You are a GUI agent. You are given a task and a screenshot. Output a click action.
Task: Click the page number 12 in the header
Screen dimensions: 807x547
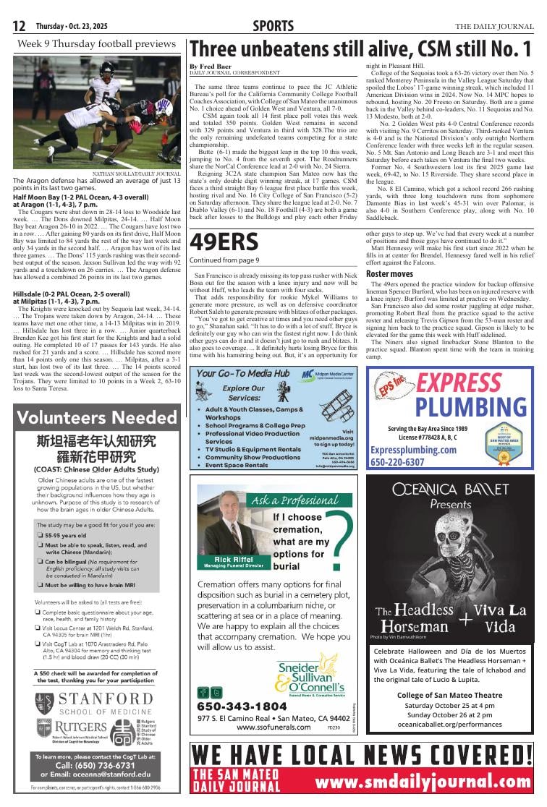[20, 27]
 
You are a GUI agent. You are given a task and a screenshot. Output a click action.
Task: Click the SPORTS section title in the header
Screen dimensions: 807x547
[273, 27]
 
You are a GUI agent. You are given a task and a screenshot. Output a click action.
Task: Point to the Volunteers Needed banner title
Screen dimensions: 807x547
[97, 417]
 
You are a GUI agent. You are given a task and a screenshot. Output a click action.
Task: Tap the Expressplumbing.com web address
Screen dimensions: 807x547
[413, 450]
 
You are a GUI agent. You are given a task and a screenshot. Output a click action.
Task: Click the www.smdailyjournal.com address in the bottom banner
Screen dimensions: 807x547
[423, 782]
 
